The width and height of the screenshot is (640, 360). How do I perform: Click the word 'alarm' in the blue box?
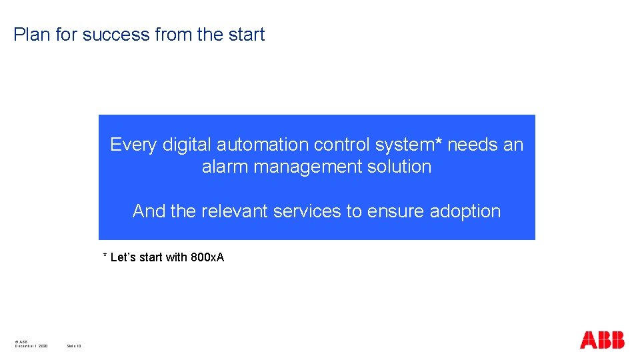223,167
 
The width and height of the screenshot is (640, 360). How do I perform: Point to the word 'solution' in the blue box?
399,167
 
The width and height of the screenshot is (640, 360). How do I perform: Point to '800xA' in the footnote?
207,257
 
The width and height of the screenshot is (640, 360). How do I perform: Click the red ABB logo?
602,340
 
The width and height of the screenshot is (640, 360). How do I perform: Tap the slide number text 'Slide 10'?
73,345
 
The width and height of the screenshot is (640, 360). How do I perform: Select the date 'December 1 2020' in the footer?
31,345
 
